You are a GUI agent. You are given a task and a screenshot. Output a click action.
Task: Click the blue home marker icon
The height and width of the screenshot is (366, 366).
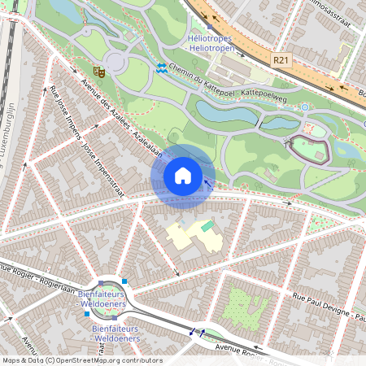click(183, 175)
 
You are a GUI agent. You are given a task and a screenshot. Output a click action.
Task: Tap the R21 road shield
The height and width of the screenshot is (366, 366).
click(281, 59)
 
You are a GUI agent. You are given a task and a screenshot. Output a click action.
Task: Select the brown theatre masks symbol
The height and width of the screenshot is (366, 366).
click(98, 71)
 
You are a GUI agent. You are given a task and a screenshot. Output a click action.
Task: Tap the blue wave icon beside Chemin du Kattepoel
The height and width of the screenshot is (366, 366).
click(162, 69)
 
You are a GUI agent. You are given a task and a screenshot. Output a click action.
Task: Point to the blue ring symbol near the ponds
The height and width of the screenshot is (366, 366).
click(304, 107)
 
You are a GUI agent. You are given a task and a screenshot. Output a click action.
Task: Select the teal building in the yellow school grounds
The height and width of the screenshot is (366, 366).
click(207, 225)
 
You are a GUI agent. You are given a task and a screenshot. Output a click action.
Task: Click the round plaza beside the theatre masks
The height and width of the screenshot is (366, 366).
click(115, 62)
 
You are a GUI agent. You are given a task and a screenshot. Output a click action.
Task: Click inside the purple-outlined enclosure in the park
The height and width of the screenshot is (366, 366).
click(310, 149)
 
